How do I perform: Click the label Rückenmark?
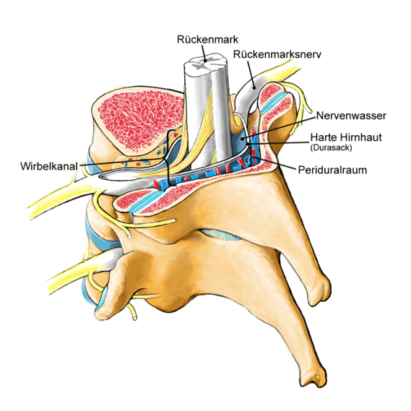click(207, 40)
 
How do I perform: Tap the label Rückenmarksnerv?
click(277, 54)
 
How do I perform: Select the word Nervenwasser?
click(351, 116)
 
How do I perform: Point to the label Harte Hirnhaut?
click(346, 137)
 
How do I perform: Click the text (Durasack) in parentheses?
click(331, 147)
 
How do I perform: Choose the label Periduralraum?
click(332, 170)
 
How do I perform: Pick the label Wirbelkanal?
click(49, 166)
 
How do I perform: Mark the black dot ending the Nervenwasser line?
click(243, 139)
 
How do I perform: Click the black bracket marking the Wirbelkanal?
click(168, 157)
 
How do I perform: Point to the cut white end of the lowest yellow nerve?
click(135, 319)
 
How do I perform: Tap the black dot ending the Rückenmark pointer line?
click(206, 60)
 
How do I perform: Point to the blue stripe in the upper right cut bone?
click(273, 102)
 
